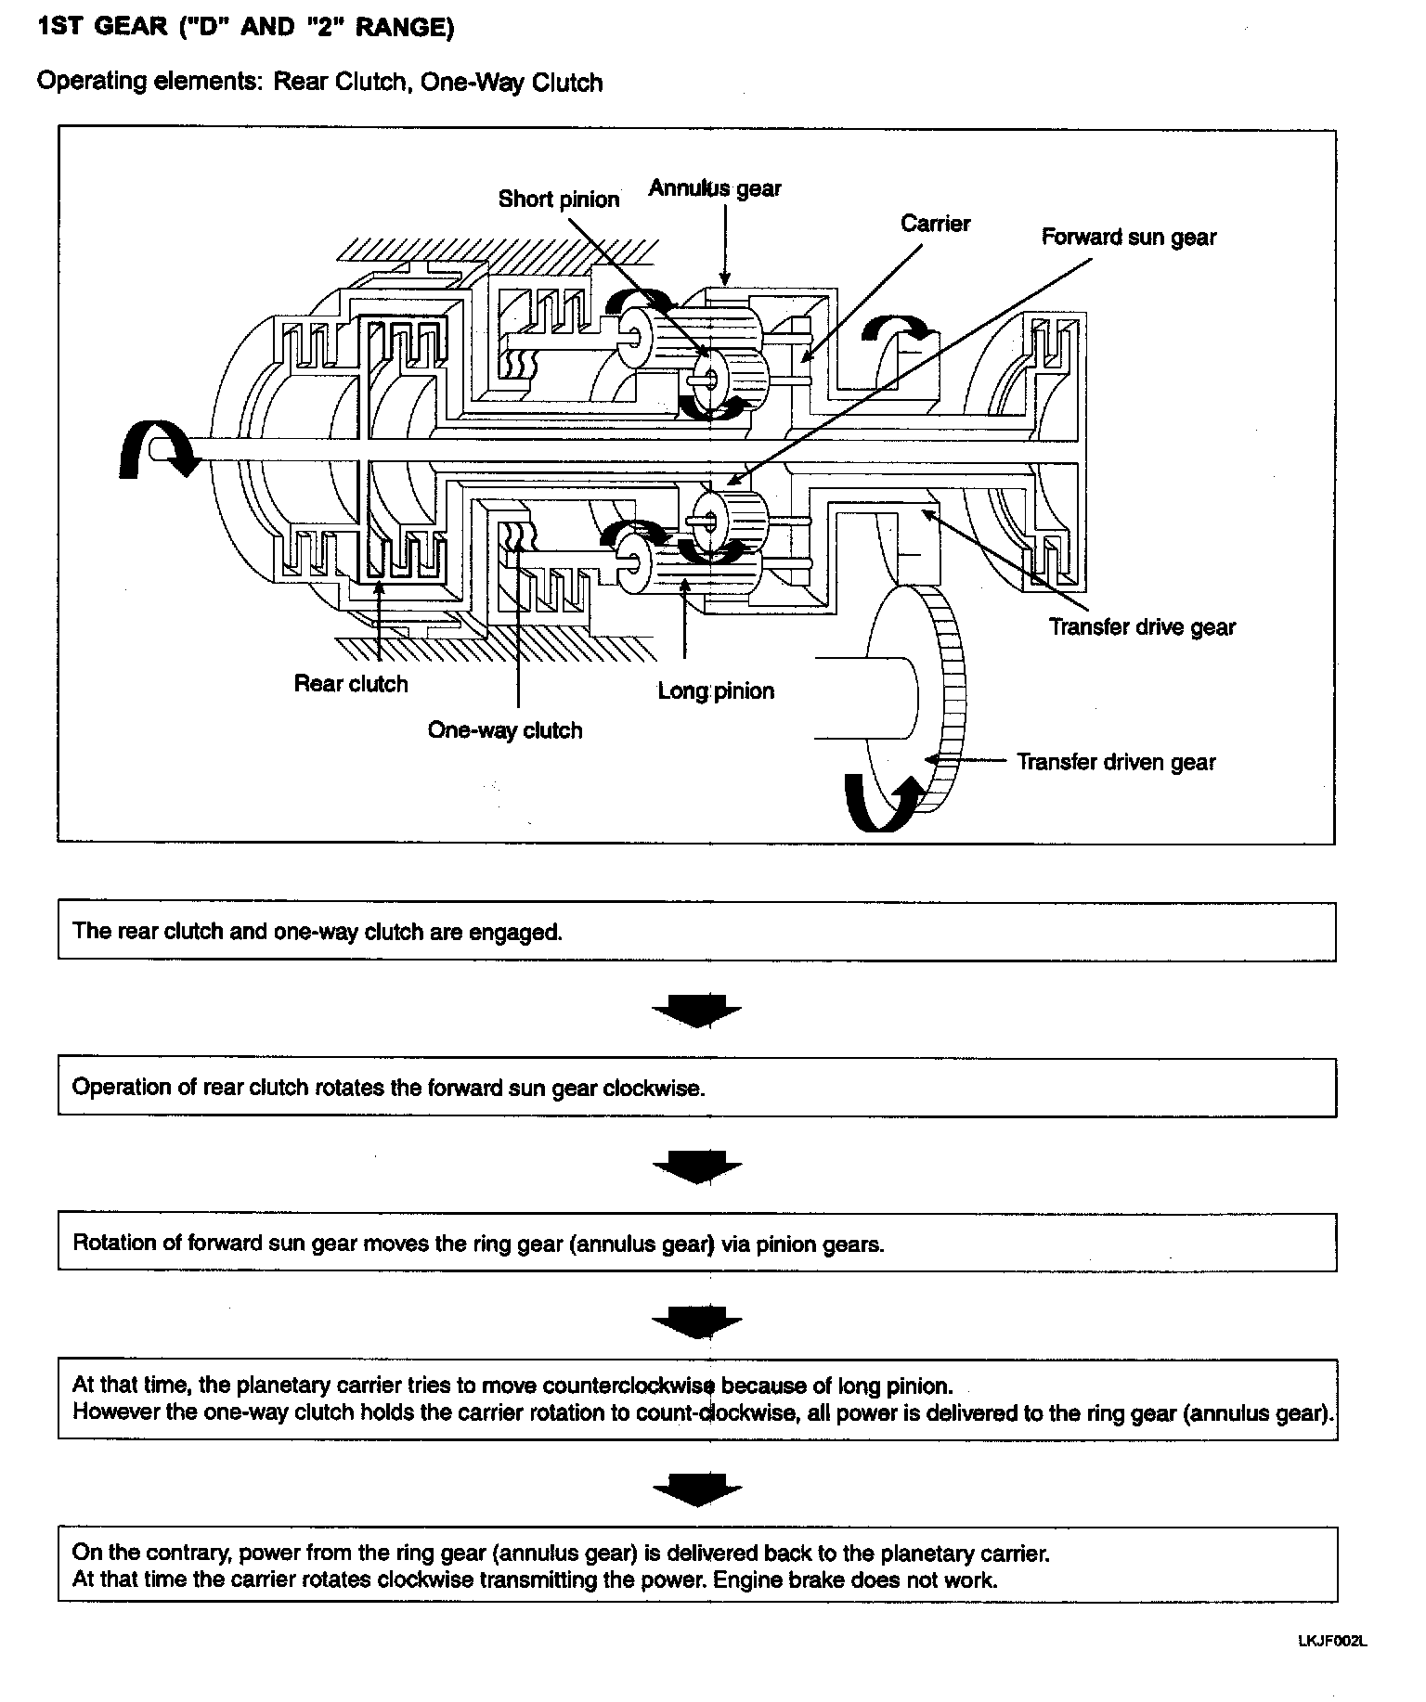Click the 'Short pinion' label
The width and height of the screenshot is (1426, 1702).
click(x=558, y=200)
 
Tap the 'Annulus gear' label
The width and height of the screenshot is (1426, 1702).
click(x=714, y=188)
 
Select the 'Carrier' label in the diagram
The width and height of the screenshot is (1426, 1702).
click(x=935, y=224)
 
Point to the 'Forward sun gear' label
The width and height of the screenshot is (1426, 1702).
click(x=1128, y=238)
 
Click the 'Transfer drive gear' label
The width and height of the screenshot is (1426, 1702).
click(x=1142, y=627)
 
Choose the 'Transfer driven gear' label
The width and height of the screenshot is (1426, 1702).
click(x=1116, y=762)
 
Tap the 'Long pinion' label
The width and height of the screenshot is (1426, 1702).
click(x=715, y=691)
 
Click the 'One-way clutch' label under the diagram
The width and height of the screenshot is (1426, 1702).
click(x=505, y=730)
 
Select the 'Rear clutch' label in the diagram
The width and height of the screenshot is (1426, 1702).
click(x=351, y=684)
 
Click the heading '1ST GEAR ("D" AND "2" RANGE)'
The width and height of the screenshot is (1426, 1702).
click(x=246, y=28)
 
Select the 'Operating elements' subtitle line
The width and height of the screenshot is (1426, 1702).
click(x=319, y=83)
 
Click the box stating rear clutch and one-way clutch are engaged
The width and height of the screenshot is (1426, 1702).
click(x=696, y=932)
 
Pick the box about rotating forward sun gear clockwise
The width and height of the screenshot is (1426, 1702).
click(x=696, y=1088)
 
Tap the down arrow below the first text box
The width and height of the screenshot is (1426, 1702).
click(x=696, y=1011)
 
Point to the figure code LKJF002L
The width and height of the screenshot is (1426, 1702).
click(x=1332, y=1641)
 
